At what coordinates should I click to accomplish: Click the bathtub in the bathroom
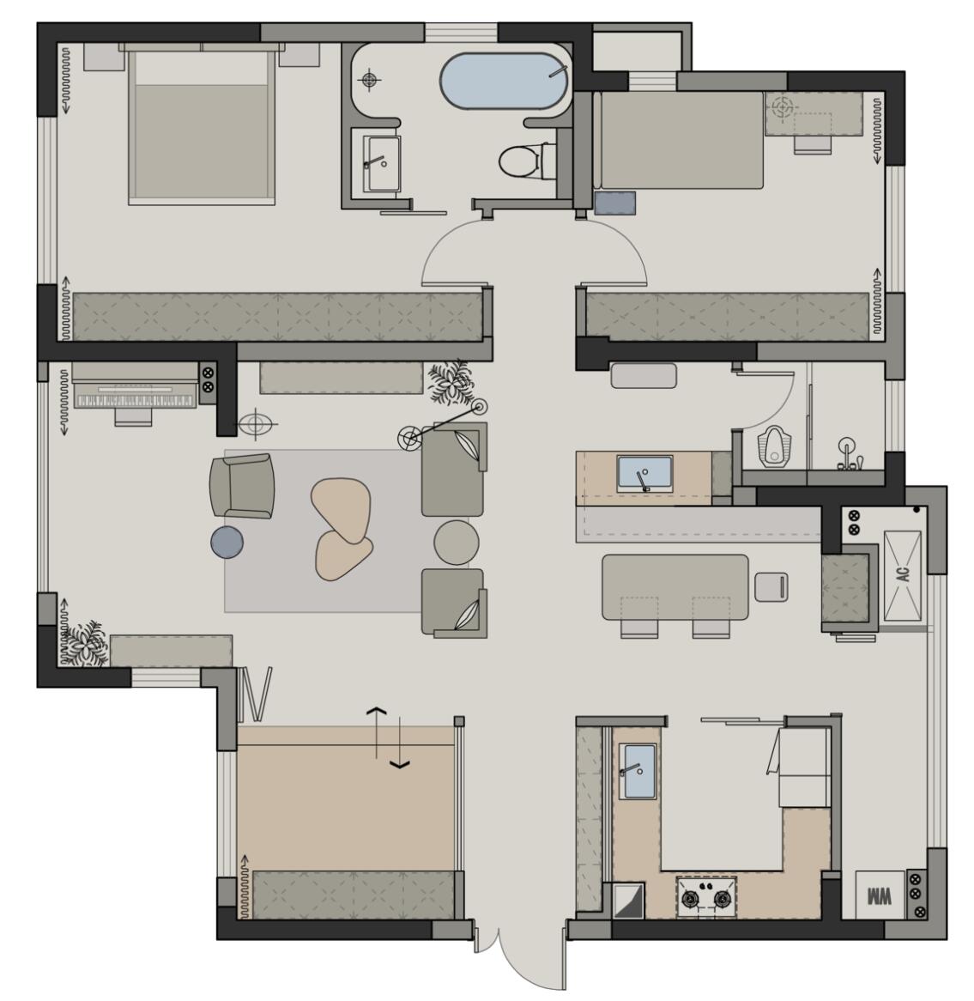tap(505, 81)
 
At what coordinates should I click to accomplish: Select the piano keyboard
tap(135, 400)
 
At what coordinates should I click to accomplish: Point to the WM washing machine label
tap(879, 895)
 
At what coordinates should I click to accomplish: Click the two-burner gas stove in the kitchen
tap(706, 897)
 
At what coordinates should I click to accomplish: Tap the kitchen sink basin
tap(639, 771)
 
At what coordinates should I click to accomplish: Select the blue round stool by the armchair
tap(227, 542)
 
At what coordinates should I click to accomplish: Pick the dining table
tap(675, 587)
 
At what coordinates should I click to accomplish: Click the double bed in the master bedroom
tap(202, 124)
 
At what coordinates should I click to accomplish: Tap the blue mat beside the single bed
tap(614, 203)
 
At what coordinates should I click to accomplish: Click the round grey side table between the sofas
tap(457, 542)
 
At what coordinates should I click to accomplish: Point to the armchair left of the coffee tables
tap(242, 486)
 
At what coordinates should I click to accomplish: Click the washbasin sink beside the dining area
tap(644, 474)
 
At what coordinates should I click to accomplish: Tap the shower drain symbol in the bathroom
tap(370, 80)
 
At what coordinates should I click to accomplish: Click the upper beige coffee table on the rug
tap(340, 509)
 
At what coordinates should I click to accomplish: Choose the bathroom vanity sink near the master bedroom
tap(382, 163)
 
